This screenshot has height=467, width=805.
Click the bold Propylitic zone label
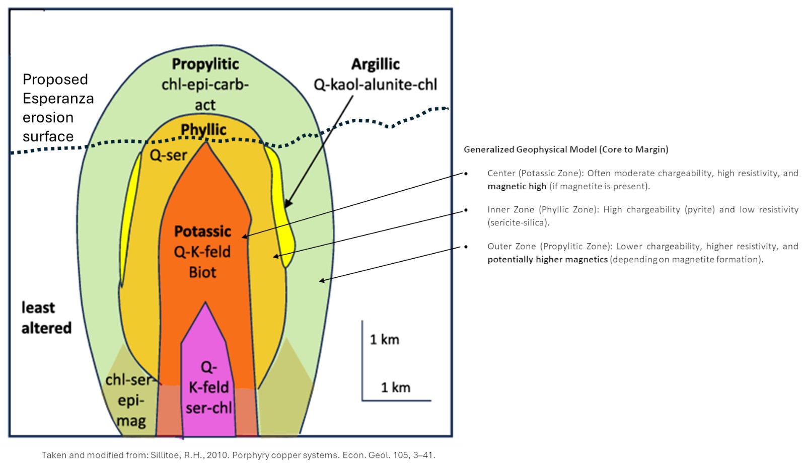coord(205,64)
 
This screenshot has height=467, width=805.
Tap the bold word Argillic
coord(376,64)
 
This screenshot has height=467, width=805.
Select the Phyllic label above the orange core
coord(203,130)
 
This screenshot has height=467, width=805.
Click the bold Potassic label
coord(202,231)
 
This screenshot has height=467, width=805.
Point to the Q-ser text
coord(168,155)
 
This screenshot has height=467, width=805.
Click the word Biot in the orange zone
coord(202,272)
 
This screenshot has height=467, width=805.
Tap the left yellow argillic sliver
coord(130,216)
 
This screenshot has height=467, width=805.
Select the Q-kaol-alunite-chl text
coord(376,85)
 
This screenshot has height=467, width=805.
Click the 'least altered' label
coord(46,318)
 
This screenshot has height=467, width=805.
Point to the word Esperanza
coord(58,99)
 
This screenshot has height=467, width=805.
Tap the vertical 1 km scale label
coord(385,340)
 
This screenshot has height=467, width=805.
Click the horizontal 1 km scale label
coord(396,387)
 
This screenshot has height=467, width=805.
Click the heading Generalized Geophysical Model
coord(566,149)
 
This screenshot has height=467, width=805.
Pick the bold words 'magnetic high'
coord(517,186)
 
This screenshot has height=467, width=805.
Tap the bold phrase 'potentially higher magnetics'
coord(547,259)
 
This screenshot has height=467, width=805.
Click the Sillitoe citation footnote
coord(238,455)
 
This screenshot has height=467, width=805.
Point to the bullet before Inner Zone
coord(466,210)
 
